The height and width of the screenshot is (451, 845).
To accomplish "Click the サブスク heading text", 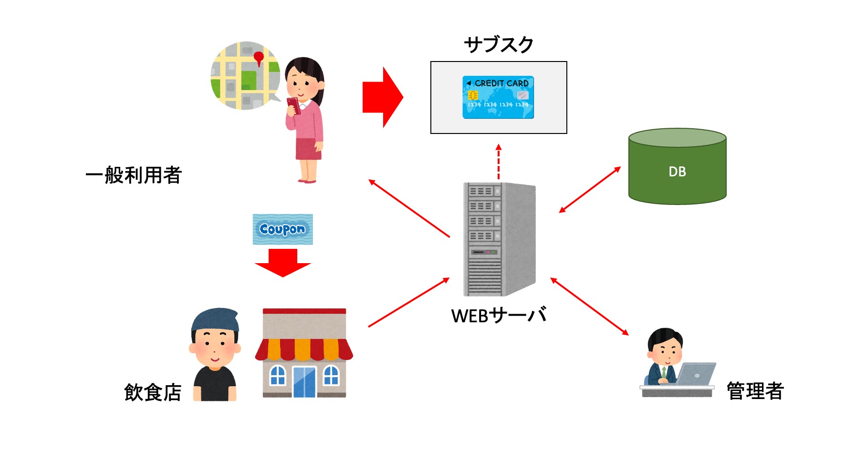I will (x=499, y=44).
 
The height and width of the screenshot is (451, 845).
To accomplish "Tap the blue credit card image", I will (x=498, y=97).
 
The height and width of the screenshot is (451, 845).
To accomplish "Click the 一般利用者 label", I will (x=134, y=175).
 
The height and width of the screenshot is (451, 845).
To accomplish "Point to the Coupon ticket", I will (x=283, y=229).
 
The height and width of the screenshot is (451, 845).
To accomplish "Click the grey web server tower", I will (x=499, y=239).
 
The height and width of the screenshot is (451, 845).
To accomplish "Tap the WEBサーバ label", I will (x=499, y=315).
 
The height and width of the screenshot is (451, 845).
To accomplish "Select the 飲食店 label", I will (x=153, y=392).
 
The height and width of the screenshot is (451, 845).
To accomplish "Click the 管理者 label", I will (x=755, y=391).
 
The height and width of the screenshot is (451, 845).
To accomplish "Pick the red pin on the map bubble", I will (x=259, y=58).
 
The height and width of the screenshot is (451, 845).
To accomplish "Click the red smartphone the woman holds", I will (x=293, y=105).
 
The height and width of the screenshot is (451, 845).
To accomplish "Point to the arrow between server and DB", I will (x=590, y=190).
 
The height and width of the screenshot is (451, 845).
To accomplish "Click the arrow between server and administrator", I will (x=590, y=307).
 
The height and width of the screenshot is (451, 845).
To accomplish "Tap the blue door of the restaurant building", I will (x=304, y=382).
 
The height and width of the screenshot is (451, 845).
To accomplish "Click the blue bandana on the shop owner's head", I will (x=215, y=319).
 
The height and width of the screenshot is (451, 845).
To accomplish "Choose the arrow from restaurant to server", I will (x=409, y=302).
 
